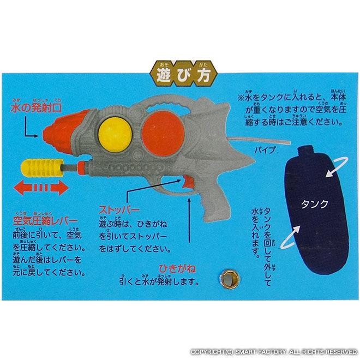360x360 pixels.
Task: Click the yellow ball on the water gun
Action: pos(116,135)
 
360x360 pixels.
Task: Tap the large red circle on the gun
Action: pos(163,134)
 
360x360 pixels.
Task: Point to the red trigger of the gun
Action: pos(188,182)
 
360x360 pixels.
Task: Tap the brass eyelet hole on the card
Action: pos(229,279)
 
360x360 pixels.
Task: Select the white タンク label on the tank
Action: pos(314,204)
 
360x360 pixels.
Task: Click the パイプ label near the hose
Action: pos(265,151)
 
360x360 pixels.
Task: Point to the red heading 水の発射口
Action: pos(36,109)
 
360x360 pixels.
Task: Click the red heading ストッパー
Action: pos(119,211)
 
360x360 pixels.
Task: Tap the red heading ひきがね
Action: pos(177,268)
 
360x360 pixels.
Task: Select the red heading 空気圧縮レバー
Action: pos(45,221)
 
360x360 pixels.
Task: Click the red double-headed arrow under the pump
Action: pos(41,188)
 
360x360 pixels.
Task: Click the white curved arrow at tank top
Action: pos(337,167)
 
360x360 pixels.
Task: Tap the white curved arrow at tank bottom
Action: pos(290,237)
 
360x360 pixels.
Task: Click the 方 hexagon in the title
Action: pos(204,74)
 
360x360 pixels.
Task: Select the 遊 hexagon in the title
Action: pos(163,74)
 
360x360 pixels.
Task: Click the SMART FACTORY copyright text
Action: pos(274,352)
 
